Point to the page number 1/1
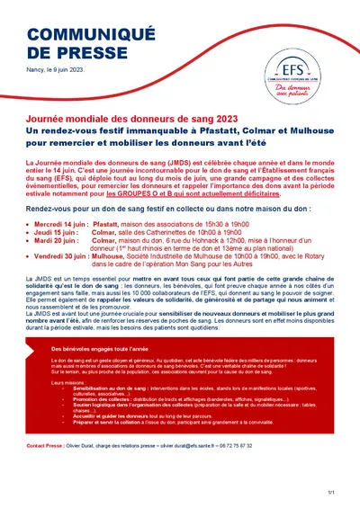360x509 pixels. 331,492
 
